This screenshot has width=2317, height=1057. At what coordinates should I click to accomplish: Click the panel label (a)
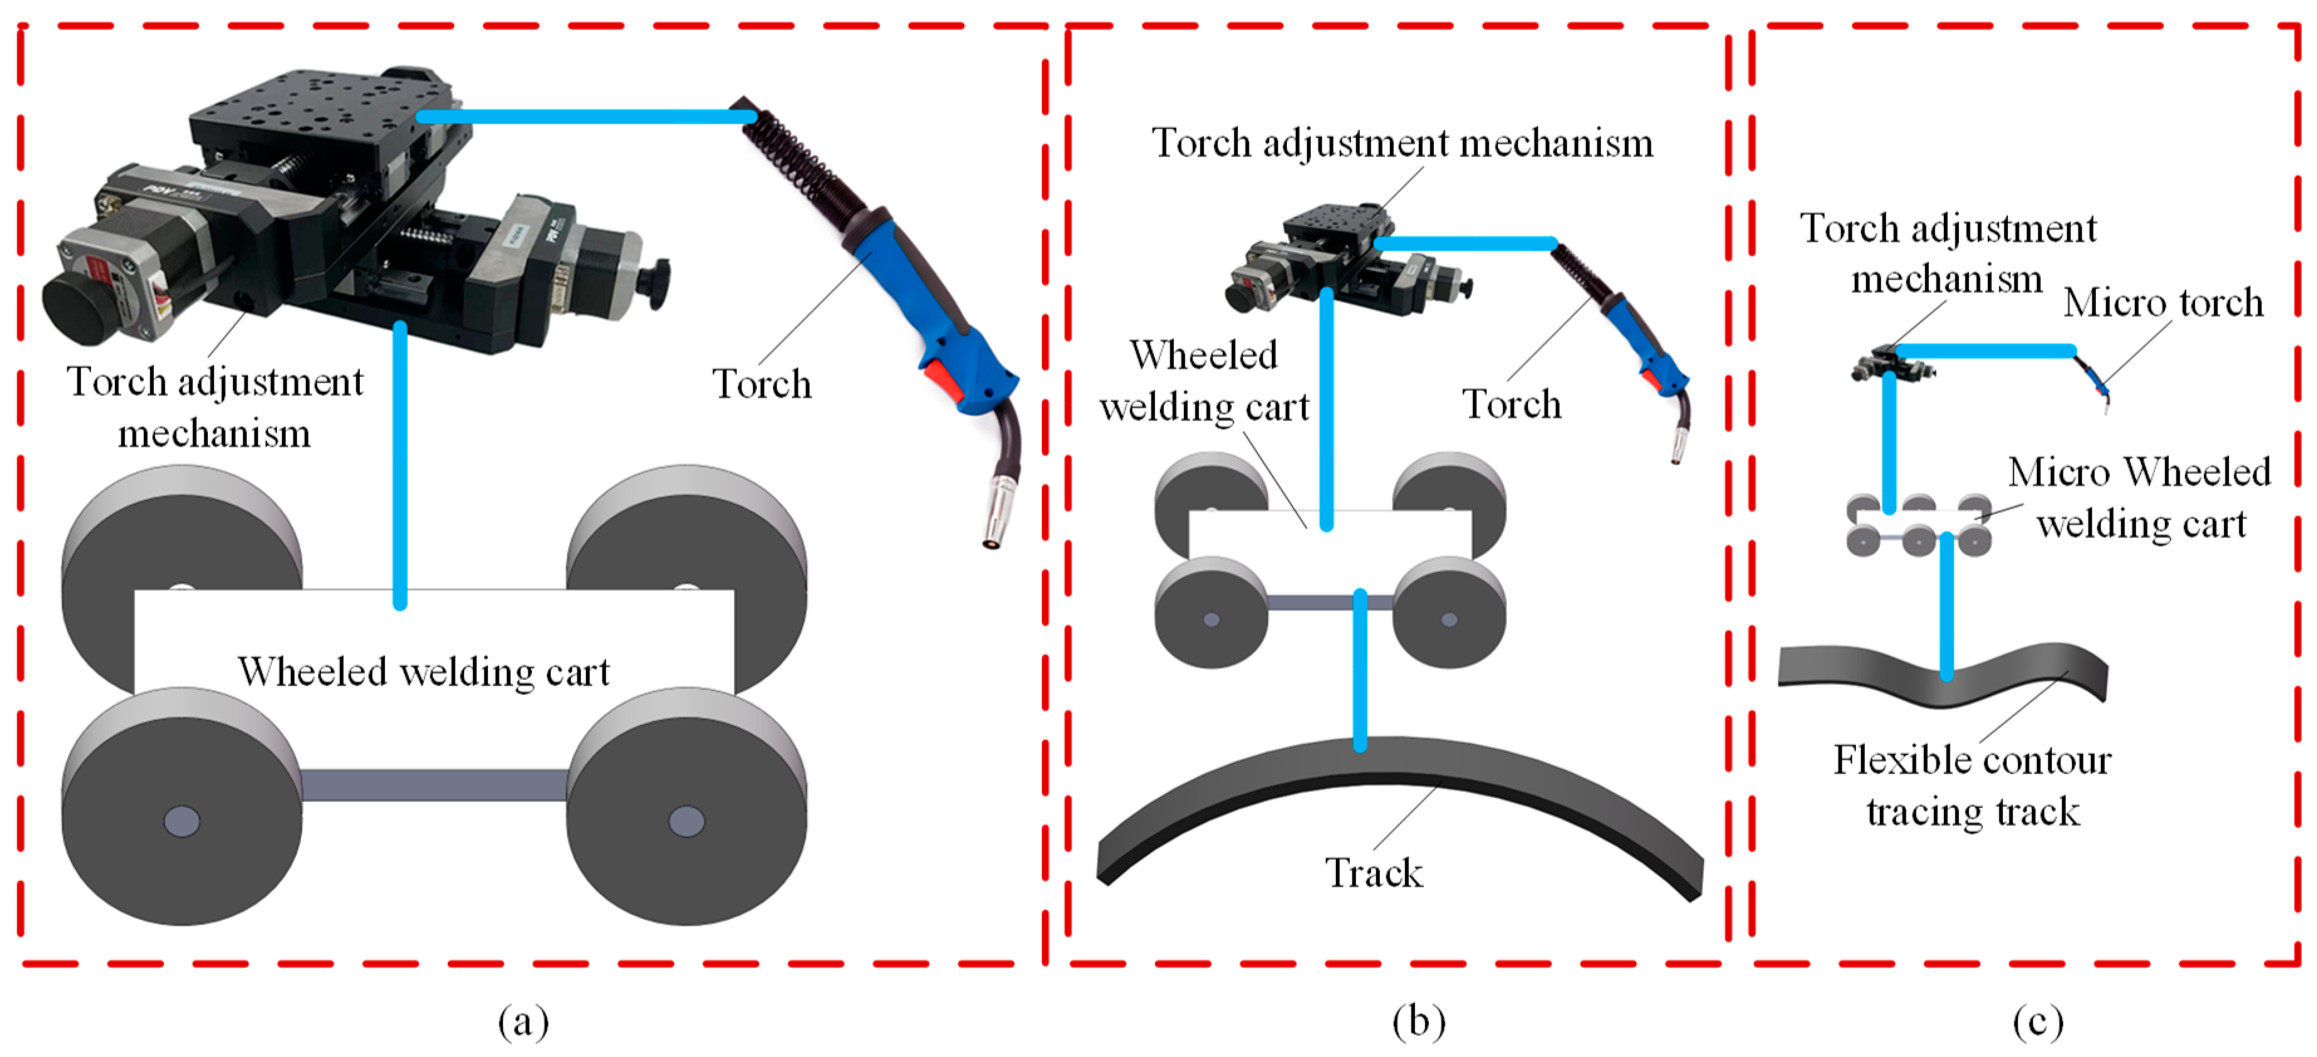coord(523,1022)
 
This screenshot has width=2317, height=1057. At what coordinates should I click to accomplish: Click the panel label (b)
coord(1418,1022)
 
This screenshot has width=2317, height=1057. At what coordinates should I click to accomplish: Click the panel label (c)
coord(2038,1022)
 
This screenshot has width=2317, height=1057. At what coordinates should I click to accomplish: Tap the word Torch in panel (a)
coord(762,384)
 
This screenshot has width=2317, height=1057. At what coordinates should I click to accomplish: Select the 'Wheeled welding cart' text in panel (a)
coord(424,672)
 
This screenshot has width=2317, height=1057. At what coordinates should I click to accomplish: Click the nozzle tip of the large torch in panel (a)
coord(992,540)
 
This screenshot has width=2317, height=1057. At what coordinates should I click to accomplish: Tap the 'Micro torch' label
coord(2163,302)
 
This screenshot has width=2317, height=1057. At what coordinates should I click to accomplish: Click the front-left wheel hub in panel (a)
coord(182,821)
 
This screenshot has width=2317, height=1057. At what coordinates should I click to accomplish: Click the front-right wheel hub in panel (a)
coord(687,821)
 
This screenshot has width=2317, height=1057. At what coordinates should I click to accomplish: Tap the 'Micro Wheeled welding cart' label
coord(2140,498)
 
